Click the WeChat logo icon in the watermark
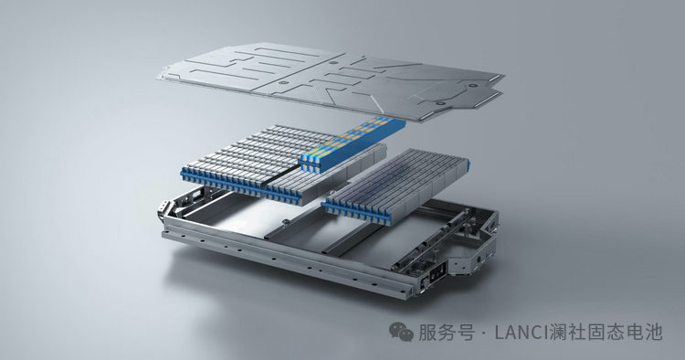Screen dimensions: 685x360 coord(401,332)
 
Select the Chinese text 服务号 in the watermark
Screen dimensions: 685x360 coord(447,333)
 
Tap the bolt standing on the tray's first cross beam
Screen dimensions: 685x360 coord(285,223)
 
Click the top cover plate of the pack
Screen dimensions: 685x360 coord(331,81)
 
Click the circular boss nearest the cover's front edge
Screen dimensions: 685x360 coord(440,103)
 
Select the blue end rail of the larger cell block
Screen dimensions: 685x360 coord(246,185)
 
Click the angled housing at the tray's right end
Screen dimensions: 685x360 coord(474,245)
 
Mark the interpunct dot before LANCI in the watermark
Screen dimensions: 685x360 coord(483,334)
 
